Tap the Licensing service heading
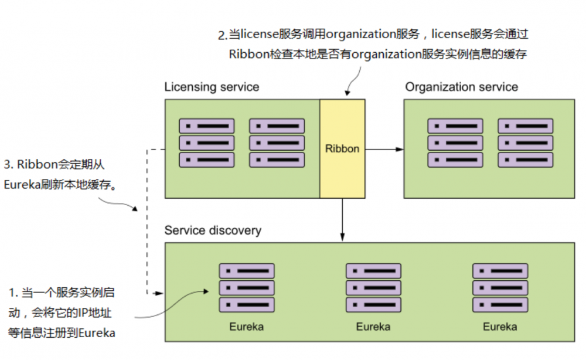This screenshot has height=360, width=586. (x=212, y=87)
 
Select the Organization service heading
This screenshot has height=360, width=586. (x=462, y=87)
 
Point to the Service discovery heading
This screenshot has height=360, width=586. (x=213, y=230)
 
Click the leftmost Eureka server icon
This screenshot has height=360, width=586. (x=247, y=288)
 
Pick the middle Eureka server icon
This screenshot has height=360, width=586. (x=373, y=288)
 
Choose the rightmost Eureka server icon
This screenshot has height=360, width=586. (x=500, y=288)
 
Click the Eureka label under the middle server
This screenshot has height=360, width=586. (x=373, y=327)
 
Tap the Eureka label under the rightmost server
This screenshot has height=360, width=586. (x=500, y=327)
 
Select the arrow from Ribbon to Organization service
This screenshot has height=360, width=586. (x=384, y=149)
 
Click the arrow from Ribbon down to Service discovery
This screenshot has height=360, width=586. (x=342, y=220)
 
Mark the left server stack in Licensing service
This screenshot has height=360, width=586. (x=207, y=143)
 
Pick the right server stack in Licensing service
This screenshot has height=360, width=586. (x=277, y=143)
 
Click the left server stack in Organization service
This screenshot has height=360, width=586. (x=455, y=143)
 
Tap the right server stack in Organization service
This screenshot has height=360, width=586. (x=526, y=143)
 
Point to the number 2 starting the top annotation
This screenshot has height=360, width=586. (x=222, y=36)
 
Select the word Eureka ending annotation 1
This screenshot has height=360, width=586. (x=97, y=333)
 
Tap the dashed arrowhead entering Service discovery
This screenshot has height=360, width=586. (x=158, y=291)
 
